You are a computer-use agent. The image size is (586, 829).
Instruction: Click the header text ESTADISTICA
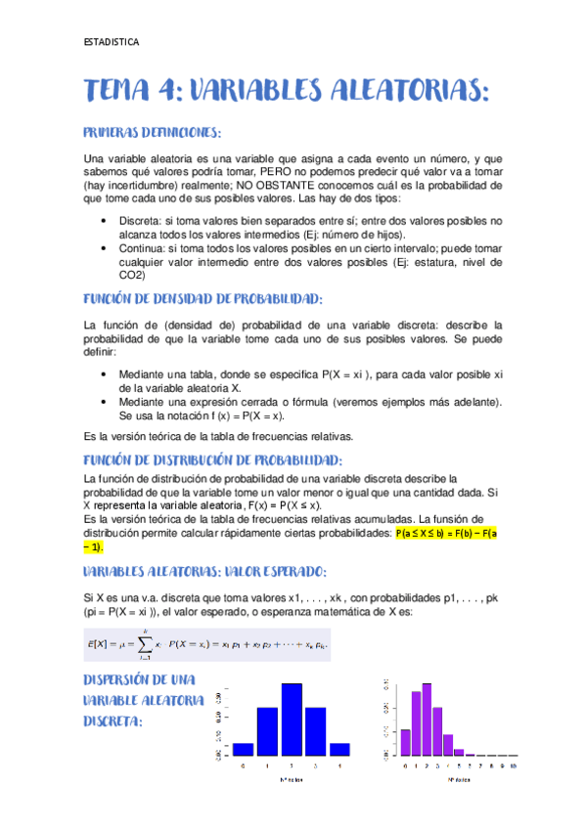click(112, 42)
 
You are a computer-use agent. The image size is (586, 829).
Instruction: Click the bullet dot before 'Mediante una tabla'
click(105, 373)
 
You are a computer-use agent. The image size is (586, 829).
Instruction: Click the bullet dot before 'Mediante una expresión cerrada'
click(105, 401)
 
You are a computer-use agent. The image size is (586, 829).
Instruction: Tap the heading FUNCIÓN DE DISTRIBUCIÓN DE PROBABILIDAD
click(213, 459)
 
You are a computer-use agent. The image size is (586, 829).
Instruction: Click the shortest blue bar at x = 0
click(243, 749)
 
